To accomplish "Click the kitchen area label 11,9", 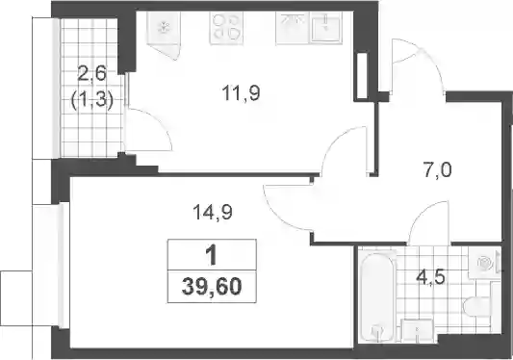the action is [241, 92].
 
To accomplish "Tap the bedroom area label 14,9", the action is [213, 212].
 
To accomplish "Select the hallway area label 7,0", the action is [438, 170].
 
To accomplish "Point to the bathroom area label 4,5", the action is [430, 278].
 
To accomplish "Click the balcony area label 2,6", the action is [92, 74].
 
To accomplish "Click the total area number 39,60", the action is [212, 287].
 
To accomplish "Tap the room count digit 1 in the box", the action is [212, 255].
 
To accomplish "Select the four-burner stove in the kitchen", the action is [226, 28].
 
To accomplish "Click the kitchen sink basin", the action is [326, 28].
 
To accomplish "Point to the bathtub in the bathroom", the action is [377, 296].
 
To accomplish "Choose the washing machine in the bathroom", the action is [484, 263].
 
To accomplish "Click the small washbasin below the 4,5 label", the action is [418, 330].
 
